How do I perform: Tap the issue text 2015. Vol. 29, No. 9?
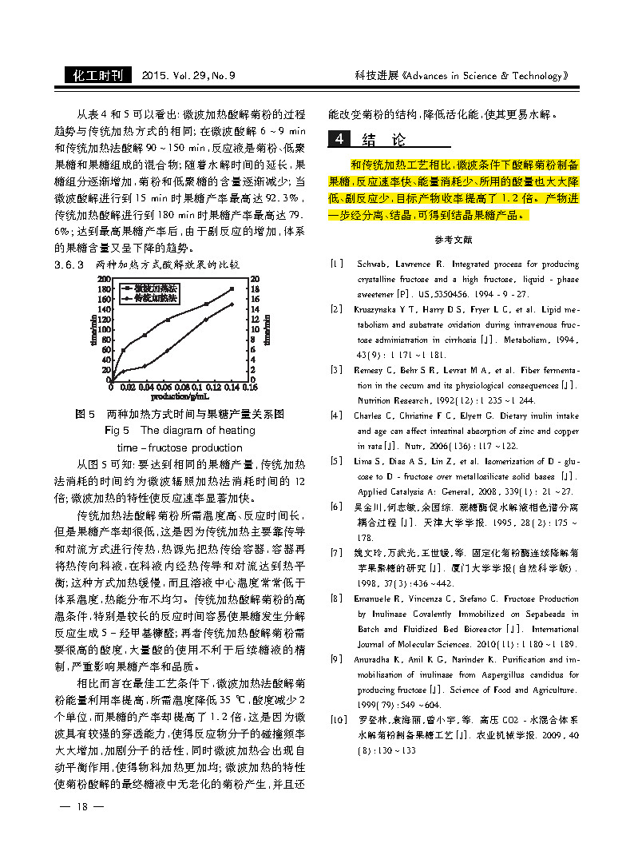[188, 76]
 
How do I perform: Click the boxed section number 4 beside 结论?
[339, 139]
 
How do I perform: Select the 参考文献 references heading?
[454, 240]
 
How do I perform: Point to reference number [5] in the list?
[337, 461]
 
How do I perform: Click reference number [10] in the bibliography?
[339, 720]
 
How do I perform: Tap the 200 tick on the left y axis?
[103, 278]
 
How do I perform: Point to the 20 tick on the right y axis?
[255, 278]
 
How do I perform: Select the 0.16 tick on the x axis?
[250, 387]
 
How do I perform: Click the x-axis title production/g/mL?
[180, 396]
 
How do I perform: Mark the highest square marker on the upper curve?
[232, 288]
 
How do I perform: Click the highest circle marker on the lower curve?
[232, 304]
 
